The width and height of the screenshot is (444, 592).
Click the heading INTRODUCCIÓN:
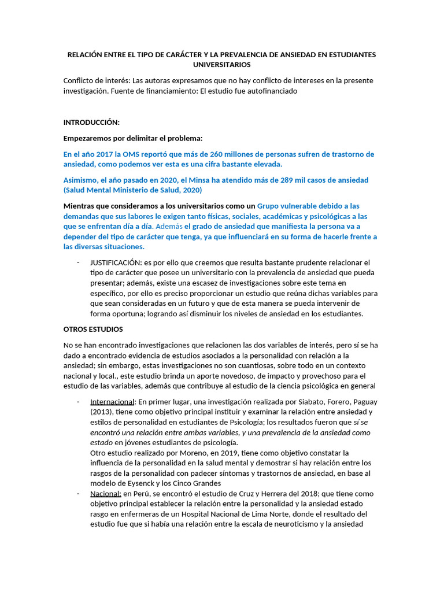[91, 123]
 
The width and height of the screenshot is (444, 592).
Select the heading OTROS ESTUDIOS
[93, 330]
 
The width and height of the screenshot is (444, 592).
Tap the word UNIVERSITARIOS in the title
[222, 65]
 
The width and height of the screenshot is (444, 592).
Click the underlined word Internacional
[112, 402]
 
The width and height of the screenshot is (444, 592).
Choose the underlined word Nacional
[105, 494]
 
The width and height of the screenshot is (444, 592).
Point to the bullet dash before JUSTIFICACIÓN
[78, 263]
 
